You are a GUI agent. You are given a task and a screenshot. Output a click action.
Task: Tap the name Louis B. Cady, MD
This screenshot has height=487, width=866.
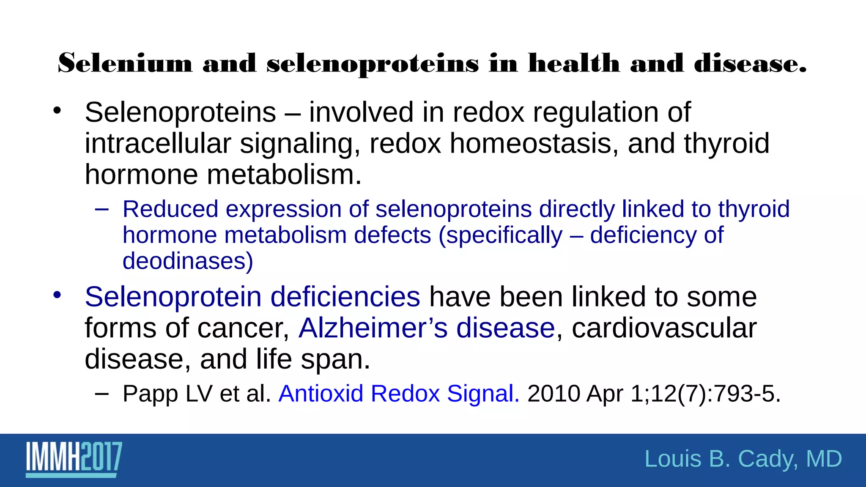pyautogui.click(x=743, y=459)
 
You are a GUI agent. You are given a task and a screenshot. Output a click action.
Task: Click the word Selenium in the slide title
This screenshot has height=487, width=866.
pyautogui.click(x=125, y=63)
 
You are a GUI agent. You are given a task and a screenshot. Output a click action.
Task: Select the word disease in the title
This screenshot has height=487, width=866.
pyautogui.click(x=750, y=63)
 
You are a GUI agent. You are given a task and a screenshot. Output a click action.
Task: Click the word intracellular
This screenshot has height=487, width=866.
pyautogui.click(x=158, y=144)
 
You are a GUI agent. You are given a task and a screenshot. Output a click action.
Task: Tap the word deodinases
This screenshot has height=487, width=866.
pyautogui.click(x=188, y=261)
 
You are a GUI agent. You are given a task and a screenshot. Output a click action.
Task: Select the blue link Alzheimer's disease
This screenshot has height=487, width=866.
pyautogui.click(x=426, y=328)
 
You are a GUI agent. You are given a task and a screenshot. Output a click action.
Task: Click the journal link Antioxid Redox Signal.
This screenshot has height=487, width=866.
pyautogui.click(x=399, y=394)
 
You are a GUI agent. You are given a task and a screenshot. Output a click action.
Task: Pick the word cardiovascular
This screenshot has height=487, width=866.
pyautogui.click(x=664, y=328)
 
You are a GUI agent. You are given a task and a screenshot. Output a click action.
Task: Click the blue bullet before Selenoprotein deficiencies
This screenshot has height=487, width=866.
pyautogui.click(x=58, y=295)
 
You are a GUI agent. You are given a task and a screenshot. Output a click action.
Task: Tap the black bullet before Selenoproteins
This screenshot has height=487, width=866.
pyautogui.click(x=58, y=111)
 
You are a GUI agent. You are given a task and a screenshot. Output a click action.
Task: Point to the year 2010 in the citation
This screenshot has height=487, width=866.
pyautogui.click(x=554, y=394)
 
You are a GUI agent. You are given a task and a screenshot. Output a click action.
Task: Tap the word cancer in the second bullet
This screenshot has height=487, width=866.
pyautogui.click(x=243, y=328)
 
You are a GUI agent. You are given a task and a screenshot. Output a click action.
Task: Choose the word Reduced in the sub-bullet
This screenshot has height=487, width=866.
pyautogui.click(x=170, y=209)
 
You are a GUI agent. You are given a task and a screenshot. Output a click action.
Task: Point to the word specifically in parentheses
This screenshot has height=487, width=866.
pyautogui.click(x=504, y=235)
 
